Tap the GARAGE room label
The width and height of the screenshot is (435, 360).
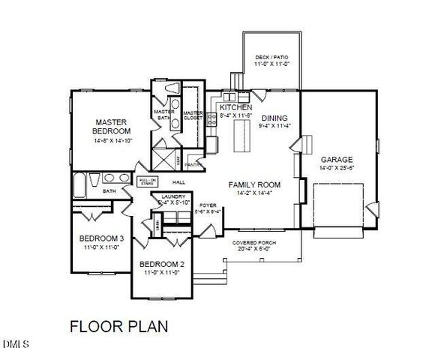[331, 159]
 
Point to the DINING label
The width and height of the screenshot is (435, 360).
[274, 118]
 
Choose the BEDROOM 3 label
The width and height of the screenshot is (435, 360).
[101, 239]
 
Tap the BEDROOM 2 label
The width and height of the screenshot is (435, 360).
[162, 265]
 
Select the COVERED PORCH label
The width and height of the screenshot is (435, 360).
[252, 244]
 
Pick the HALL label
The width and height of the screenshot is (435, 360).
[178, 182]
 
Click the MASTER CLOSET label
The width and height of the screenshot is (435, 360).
[193, 115]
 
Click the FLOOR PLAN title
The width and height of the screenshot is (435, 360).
[118, 326]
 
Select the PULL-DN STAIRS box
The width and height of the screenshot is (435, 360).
[147, 181]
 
